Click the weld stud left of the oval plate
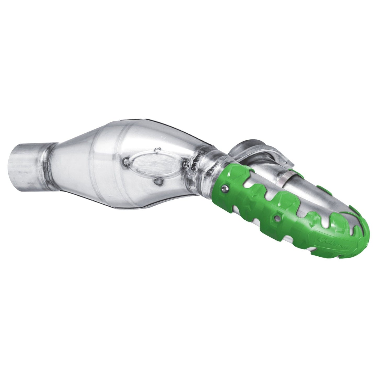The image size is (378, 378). click(126, 162)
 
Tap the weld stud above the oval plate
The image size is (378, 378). click(157, 150)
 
